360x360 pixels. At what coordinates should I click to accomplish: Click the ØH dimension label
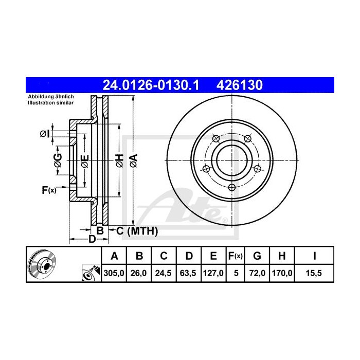click(x=119, y=160)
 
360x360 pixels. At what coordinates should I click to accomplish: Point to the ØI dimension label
click(x=45, y=134)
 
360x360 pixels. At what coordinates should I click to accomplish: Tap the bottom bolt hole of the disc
click(x=232, y=187)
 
